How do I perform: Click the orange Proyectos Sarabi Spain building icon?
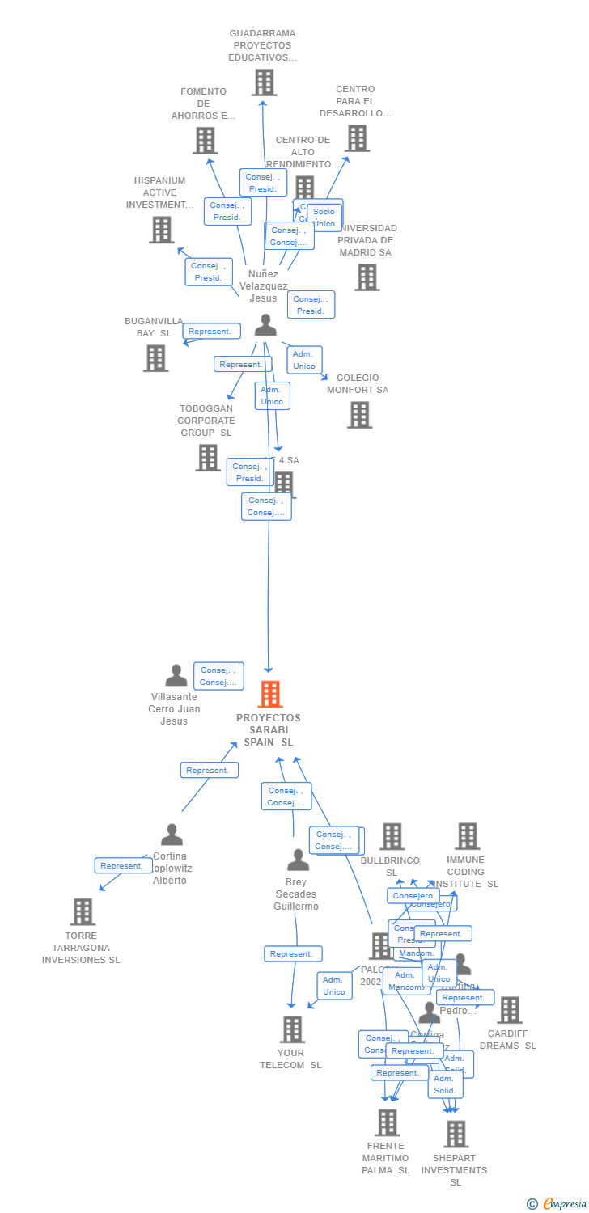pos(270,694)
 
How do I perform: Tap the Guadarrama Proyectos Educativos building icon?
pos(264,82)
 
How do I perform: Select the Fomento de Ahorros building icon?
pos(206,141)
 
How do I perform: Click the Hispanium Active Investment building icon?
pos(162,230)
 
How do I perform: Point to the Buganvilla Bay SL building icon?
pos(156,358)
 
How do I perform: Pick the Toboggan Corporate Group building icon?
pos(208,458)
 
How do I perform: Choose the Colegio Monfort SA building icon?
pos(359,415)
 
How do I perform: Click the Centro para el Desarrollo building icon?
pos(358,138)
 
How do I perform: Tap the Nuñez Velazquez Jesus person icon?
pos(265,325)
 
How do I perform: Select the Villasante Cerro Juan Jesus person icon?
pos(176,675)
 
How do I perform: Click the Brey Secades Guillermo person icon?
pos(298,860)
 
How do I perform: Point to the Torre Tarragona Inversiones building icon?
pos(83,911)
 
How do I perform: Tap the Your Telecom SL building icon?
pos(292,1029)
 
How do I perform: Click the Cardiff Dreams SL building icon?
pos(510,1010)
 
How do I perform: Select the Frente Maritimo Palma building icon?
pos(388,1122)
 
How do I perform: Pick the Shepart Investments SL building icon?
pos(456,1134)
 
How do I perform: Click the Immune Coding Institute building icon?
pos(468,836)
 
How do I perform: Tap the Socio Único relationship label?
pos(324,218)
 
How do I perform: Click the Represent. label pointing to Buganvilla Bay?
pos(211,331)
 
